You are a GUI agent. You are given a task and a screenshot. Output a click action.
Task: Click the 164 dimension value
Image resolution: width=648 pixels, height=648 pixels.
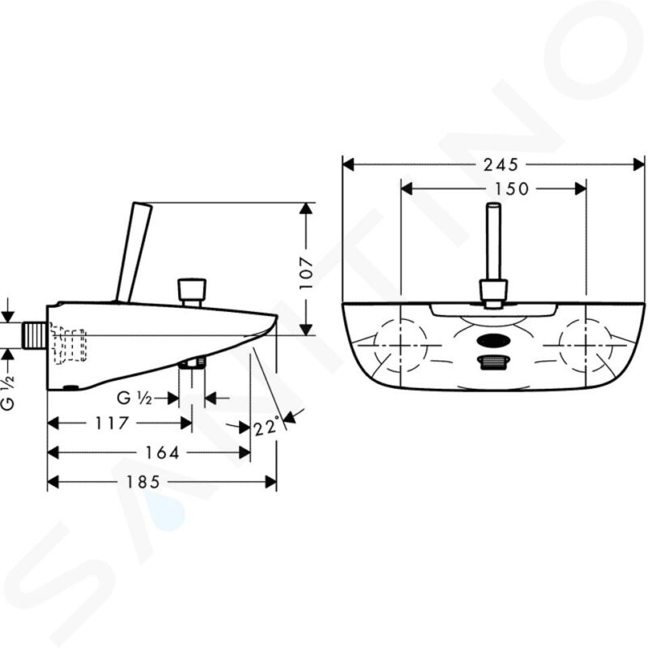coord(162,453)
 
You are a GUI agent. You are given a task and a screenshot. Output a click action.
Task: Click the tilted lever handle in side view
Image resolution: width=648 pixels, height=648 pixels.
coord(134,251)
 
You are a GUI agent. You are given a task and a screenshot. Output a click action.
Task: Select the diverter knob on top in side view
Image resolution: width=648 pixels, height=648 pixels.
coord(192,290)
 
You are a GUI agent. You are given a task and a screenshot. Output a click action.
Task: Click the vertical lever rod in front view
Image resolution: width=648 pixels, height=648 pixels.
coord(492,243)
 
